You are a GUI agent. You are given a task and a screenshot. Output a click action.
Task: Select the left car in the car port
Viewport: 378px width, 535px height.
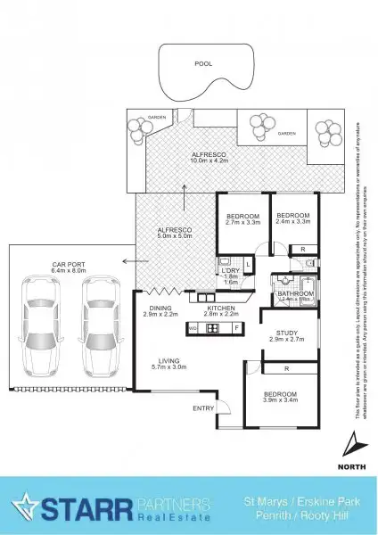pos(39,325)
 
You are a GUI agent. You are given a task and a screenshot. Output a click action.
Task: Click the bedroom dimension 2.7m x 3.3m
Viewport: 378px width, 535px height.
pos(242,225)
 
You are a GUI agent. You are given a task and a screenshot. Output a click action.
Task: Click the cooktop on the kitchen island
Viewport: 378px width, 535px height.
pos(213,328)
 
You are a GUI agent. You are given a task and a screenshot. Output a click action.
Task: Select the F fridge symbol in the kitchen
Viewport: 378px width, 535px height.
pos(236,328)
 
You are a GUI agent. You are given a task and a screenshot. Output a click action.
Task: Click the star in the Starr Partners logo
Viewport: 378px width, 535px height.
pos(27,506)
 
